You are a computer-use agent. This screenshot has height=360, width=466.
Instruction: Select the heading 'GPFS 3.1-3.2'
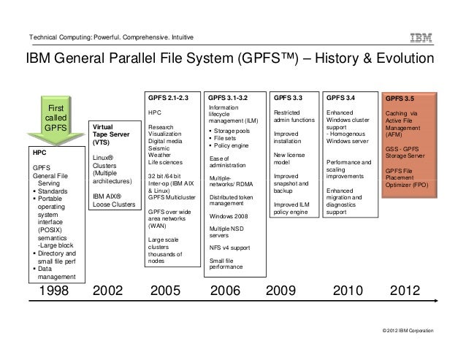pyautogui.click(x=228, y=96)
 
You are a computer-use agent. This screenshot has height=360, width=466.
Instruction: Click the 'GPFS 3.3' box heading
pyautogui.click(x=288, y=96)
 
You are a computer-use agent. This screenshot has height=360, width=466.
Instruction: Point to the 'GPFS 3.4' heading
pyautogui.click(x=341, y=96)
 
